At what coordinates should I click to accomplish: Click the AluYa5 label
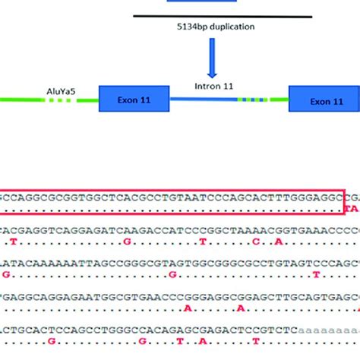click(x=62, y=97)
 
